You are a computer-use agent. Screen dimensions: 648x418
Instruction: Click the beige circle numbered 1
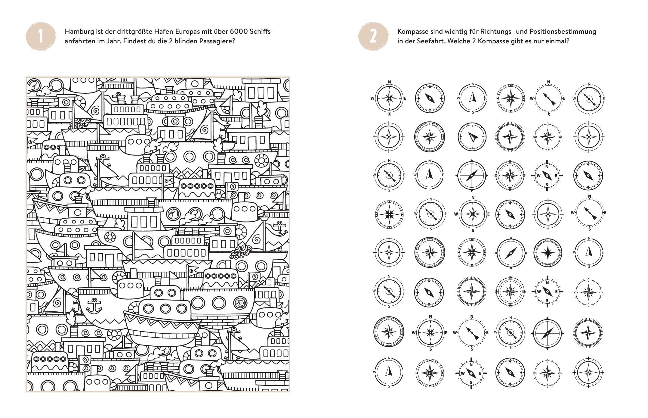(x=41, y=37)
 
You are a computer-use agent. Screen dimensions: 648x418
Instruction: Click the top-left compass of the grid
(x=389, y=98)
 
